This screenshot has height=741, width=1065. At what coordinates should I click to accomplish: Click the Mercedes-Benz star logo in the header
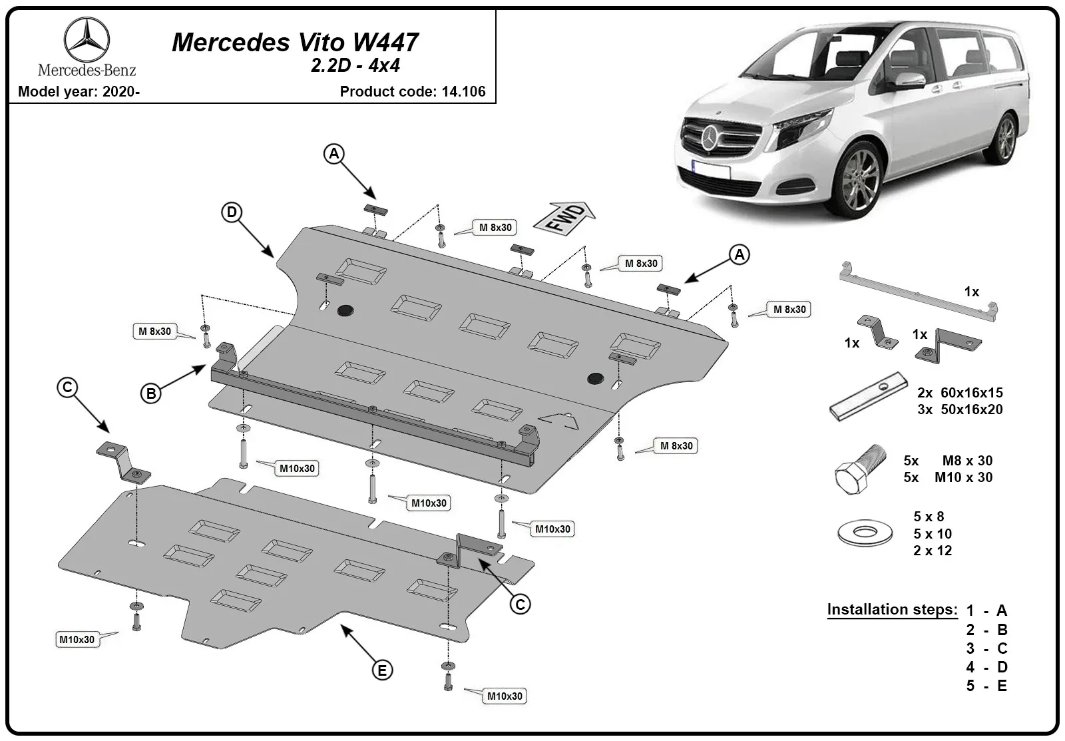click(87, 40)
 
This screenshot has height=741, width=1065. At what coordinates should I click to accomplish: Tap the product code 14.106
click(463, 91)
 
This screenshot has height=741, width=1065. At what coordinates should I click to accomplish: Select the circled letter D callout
click(232, 212)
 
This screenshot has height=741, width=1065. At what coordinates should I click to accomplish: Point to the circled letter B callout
click(151, 393)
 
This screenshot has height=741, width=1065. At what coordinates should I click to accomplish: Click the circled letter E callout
click(382, 670)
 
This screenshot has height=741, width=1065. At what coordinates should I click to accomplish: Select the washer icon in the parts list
click(865, 532)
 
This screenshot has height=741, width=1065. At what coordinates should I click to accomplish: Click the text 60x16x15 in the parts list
click(972, 392)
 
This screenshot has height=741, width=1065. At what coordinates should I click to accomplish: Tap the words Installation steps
click(893, 609)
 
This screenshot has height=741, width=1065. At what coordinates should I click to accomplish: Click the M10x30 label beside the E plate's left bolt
click(77, 639)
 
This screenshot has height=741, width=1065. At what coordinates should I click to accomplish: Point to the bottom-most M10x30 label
click(505, 696)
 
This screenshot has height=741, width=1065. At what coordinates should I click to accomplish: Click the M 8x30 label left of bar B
click(154, 331)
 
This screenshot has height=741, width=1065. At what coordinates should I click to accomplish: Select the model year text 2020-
click(121, 91)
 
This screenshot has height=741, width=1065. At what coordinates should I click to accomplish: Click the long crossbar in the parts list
click(918, 292)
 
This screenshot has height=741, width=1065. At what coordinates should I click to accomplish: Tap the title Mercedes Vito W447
click(295, 42)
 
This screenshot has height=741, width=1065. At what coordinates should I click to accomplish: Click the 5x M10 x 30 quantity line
click(948, 477)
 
